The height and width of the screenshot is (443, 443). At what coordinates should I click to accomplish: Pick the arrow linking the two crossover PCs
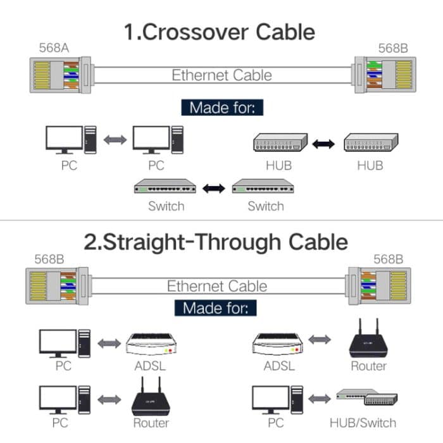115,140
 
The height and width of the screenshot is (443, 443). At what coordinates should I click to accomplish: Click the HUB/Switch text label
363,423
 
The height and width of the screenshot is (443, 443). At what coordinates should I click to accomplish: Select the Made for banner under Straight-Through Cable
218,308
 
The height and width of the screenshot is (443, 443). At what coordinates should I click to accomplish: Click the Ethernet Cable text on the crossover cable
221,75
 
